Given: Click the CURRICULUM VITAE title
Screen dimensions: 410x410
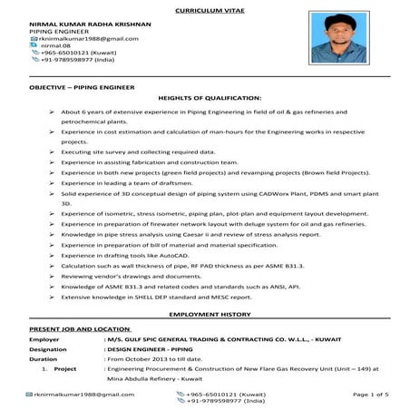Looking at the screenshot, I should (x=206, y=8).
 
